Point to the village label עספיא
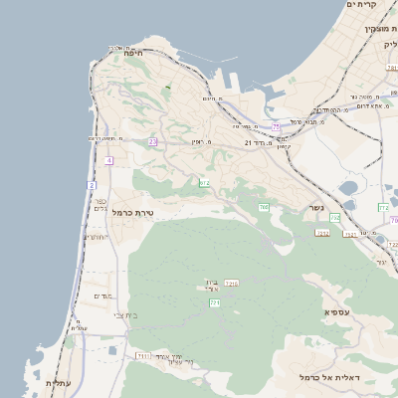coord(336,312)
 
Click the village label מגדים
coord(104,296)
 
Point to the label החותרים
coord(96,237)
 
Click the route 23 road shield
coord(152,142)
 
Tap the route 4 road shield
coord(108,159)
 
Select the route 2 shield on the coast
coord(91,185)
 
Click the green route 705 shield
coord(264,207)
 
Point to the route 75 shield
coord(276,126)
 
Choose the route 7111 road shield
coord(143,355)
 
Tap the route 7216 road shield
coord(231,284)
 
